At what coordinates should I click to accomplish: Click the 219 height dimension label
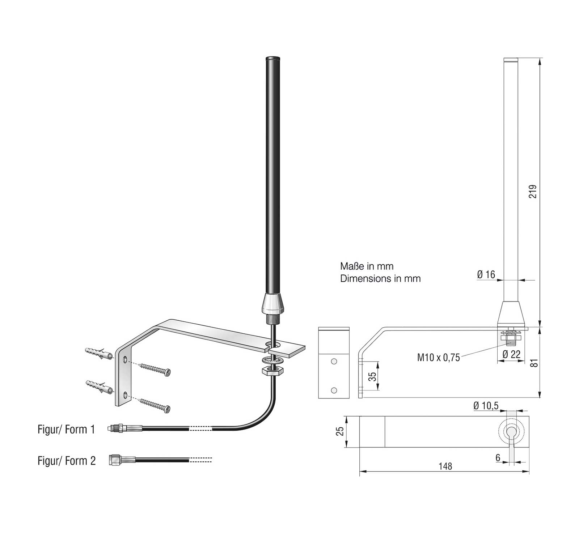click(533, 192)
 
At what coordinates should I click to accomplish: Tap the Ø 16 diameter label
click(486, 275)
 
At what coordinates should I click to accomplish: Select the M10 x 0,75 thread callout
click(438, 358)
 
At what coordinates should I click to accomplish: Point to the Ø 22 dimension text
click(512, 354)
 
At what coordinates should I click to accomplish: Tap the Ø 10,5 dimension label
click(486, 406)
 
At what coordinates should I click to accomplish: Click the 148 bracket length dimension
click(445, 466)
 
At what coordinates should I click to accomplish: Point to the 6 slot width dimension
click(498, 458)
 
